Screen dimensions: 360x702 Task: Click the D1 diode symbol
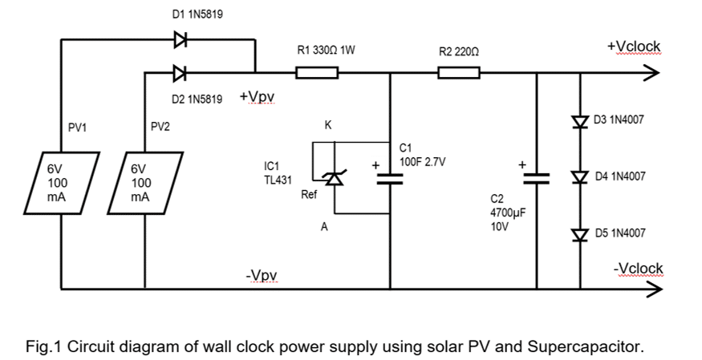[179, 38]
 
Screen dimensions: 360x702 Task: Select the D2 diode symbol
[179, 74]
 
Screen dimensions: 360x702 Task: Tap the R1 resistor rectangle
[317, 74]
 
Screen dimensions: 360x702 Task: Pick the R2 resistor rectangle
[459, 74]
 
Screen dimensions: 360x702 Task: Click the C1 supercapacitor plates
[391, 178]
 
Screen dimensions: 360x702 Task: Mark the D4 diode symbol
[580, 177]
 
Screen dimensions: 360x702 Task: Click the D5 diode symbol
[580, 234]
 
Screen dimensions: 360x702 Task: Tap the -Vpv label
[262, 276]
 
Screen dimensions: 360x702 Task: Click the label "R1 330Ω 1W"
[326, 50]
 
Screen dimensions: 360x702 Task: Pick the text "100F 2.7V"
[422, 161]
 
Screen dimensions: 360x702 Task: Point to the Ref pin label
[307, 195]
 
